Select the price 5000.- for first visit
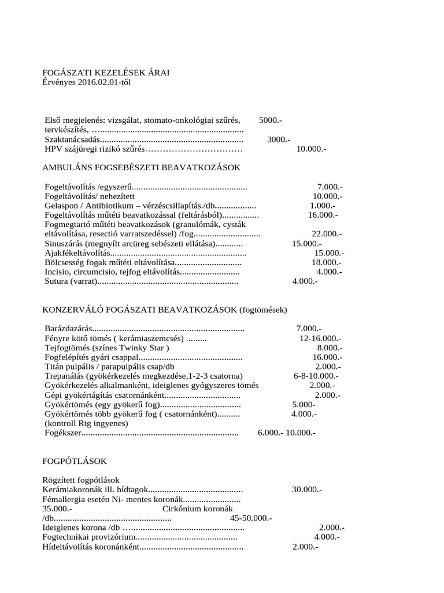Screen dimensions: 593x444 271,120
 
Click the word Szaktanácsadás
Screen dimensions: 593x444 72,139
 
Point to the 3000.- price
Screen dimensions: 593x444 279,139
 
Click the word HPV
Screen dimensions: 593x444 54,149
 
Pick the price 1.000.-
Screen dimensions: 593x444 321,206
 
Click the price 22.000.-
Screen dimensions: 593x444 327,234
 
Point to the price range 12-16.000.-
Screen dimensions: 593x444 320,338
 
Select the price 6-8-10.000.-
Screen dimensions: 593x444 316,376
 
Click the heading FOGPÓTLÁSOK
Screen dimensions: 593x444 75,461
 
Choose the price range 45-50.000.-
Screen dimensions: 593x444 251,518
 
